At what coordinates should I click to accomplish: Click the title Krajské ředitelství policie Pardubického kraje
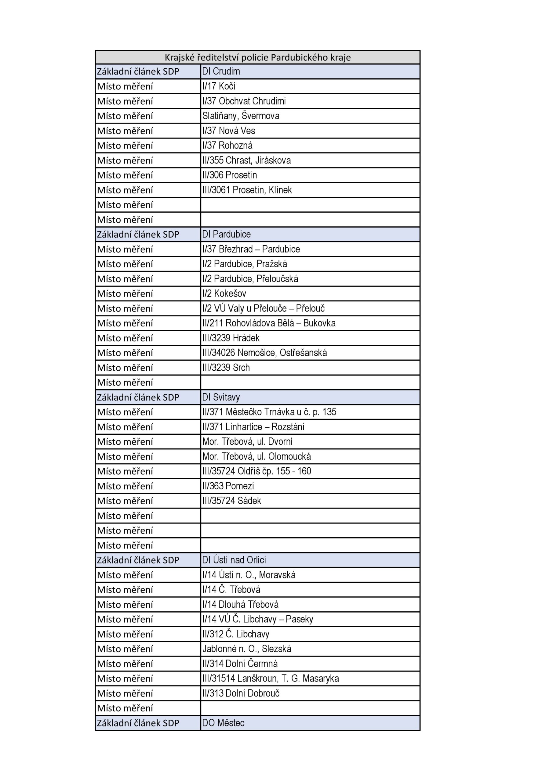click(257, 57)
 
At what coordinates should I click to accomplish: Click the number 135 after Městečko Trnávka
click(329, 412)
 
